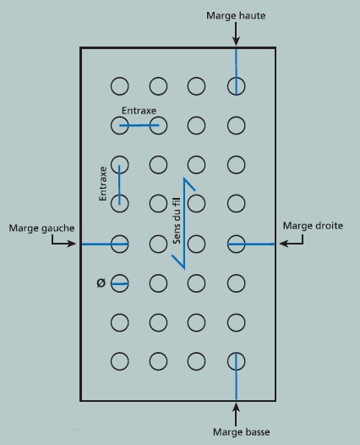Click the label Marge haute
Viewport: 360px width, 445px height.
tap(236, 15)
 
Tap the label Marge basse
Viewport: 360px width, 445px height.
tap(241, 432)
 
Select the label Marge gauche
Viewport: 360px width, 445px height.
tap(41, 228)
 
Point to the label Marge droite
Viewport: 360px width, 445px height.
tap(313, 226)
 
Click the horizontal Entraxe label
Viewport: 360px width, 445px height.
tap(139, 110)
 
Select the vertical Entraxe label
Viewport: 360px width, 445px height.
tap(102, 184)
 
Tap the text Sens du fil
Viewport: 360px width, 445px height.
tap(177, 221)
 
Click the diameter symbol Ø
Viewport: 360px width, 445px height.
tap(101, 283)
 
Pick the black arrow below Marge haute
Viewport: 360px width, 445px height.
tap(236, 34)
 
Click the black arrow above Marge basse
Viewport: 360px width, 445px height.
tap(236, 415)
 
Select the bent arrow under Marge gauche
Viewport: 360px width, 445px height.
tap(63, 241)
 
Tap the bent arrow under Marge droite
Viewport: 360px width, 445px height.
tap(292, 240)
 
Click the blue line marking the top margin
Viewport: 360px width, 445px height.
tap(236, 72)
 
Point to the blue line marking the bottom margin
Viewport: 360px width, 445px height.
tap(236, 376)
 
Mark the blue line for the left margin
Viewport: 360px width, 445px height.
tap(105, 244)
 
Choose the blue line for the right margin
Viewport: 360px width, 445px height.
tap(251, 244)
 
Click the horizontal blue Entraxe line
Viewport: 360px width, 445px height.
tap(139, 125)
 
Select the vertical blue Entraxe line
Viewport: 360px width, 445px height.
tap(119, 184)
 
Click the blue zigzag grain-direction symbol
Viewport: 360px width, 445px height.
tap(184, 223)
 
